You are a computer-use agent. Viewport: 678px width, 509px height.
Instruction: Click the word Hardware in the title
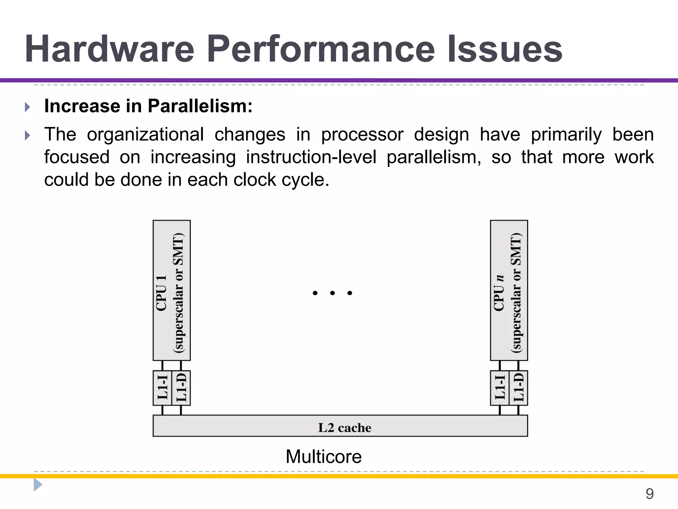coord(109,50)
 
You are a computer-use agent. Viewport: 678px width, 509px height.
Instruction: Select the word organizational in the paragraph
coord(145,135)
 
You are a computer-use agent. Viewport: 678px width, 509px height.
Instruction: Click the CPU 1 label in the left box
coord(161,293)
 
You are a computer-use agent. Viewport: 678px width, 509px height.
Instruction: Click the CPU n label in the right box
coord(499,293)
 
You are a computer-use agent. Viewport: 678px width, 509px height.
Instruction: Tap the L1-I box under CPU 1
coord(162,388)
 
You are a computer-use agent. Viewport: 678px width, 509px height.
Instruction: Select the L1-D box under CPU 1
coord(181,388)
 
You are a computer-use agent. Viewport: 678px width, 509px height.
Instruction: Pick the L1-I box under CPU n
coord(500,388)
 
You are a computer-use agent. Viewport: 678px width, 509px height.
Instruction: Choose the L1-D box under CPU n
coord(518,388)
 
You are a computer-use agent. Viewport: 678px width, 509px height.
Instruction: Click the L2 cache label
coord(344,427)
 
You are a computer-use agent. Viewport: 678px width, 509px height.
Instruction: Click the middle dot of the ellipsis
coord(332,293)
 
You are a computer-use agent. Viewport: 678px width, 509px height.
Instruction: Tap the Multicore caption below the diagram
coord(323,457)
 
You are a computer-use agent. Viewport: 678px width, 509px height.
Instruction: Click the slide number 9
coord(650,494)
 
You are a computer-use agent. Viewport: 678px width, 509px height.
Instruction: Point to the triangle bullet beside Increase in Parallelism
coord(27,107)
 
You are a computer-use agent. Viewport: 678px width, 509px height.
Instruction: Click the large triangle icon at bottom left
coord(38,485)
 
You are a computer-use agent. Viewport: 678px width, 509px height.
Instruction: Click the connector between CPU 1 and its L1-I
coord(162,366)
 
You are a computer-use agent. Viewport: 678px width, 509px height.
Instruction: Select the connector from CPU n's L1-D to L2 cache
coord(518,410)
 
